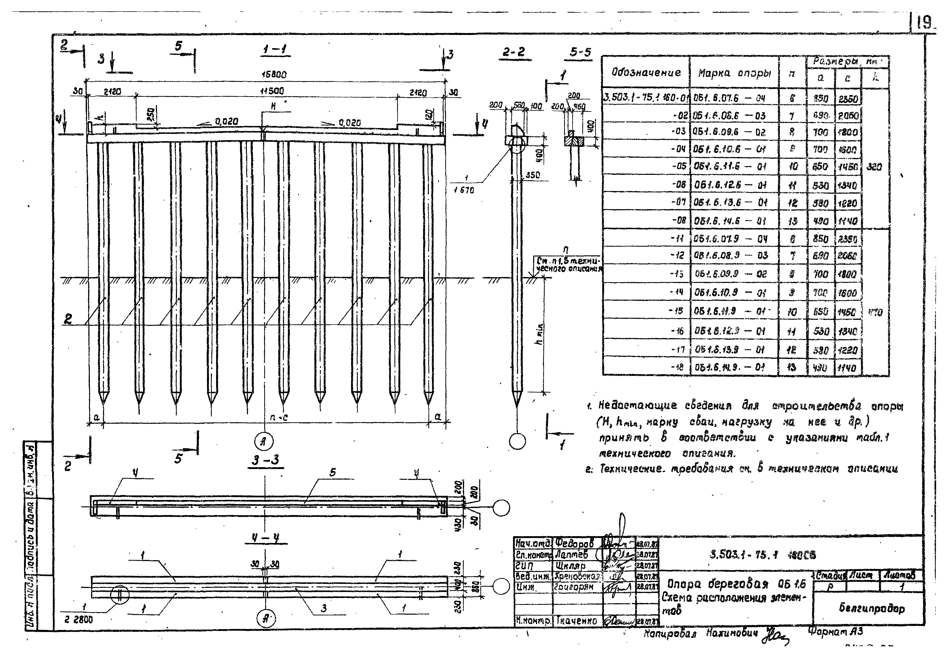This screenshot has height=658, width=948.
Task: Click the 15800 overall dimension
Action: tap(274, 75)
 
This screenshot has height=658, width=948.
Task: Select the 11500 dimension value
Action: tap(272, 91)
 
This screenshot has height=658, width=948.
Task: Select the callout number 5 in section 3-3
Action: tap(333, 472)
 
